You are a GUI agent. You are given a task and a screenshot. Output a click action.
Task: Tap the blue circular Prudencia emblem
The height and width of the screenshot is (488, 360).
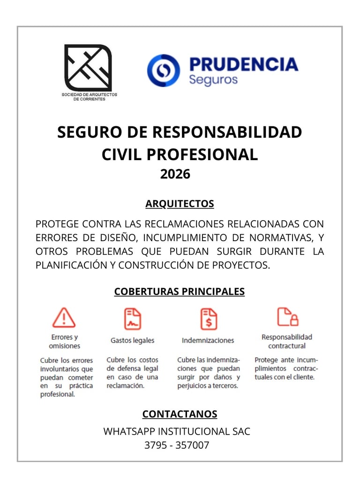coord(164,71)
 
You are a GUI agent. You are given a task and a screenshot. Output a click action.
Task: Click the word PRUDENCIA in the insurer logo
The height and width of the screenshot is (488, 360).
coord(243,64)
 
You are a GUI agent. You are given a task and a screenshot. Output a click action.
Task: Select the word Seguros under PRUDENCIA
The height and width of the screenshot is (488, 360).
coord(213,79)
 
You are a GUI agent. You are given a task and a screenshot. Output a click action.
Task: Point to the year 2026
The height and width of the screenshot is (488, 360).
coord(175,174)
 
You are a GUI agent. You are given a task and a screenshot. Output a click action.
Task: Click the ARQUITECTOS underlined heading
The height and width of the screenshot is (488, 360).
coord(180,204)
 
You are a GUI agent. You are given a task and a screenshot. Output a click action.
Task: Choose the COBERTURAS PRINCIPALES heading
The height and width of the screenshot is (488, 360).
coord(180,291)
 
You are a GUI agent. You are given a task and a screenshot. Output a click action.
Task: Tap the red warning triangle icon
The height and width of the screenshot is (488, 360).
coord(64,318)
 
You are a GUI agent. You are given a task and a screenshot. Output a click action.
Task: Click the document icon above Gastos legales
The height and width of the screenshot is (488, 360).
coord(132,318)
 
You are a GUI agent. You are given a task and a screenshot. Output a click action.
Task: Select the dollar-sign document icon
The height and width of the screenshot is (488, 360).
coord(208,318)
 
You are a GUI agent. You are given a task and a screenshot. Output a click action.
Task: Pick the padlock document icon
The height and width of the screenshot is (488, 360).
coord(287,317)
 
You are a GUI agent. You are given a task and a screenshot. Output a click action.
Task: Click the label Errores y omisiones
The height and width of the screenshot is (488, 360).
coord(64,341)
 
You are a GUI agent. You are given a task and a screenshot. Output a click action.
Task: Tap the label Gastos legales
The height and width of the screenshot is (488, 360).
coord(132,340)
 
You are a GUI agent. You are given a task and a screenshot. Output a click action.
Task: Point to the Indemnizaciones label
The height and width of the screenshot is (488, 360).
coord(208,340)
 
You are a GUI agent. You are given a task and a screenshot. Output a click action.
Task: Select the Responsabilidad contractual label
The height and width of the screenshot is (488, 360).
coord(287,341)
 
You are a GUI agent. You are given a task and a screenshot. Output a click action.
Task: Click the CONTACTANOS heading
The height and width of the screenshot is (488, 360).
coord(180,414)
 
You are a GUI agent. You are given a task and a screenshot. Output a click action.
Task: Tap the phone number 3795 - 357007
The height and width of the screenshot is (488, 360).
coord(177,445)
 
